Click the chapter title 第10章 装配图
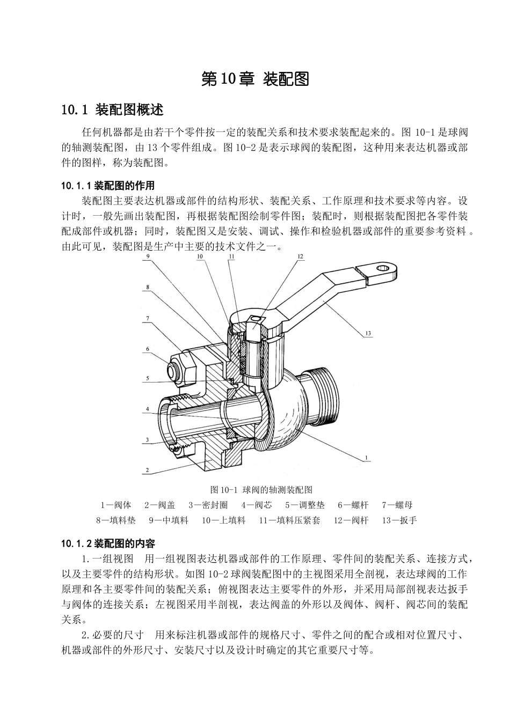click(x=255, y=79)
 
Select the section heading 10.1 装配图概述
click(x=113, y=109)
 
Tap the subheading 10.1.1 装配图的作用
click(x=108, y=186)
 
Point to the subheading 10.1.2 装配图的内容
click(x=108, y=543)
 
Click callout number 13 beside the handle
click(x=368, y=333)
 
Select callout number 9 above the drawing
click(x=148, y=256)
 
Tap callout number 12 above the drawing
click(x=300, y=256)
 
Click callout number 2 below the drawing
click(x=147, y=469)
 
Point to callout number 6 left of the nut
click(x=148, y=349)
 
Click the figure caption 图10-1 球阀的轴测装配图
click(x=261, y=489)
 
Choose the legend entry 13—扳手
click(x=399, y=520)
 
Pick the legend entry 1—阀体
click(x=116, y=505)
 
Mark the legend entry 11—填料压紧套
click(x=289, y=520)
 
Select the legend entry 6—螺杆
click(x=353, y=505)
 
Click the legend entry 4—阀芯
click(x=257, y=505)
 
